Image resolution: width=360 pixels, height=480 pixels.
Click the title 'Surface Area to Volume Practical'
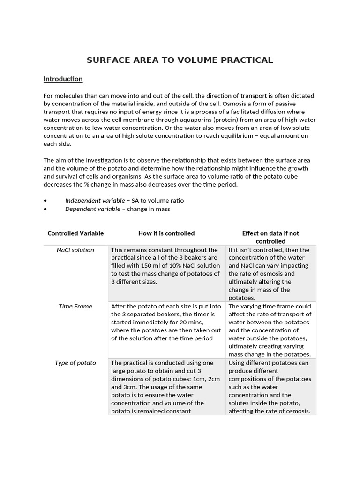point(180,60)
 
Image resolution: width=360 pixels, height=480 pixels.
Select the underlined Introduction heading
point(63,79)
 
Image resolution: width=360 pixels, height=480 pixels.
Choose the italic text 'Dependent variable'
point(92,209)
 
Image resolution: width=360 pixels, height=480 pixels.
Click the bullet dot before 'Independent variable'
point(45,201)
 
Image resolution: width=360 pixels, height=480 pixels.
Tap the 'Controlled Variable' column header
point(75,233)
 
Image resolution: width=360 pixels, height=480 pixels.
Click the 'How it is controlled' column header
point(166,233)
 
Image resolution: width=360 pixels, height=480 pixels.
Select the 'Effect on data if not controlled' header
point(270,237)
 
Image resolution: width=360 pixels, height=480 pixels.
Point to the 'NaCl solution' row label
point(75,250)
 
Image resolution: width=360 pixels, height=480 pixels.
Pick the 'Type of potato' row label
point(75,363)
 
